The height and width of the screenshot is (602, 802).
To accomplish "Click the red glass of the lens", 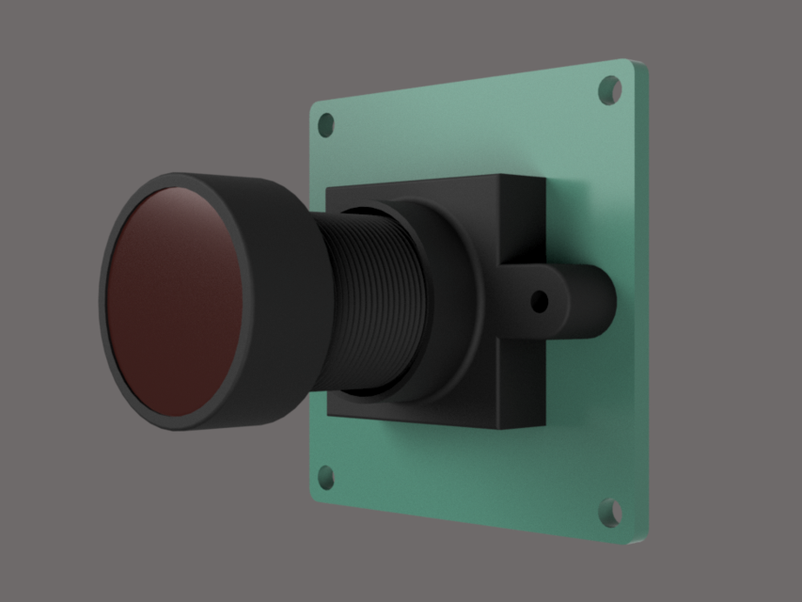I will (174, 301).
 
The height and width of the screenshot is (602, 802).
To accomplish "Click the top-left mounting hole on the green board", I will (326, 124).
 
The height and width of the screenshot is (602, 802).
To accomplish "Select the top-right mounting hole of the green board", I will (610, 89).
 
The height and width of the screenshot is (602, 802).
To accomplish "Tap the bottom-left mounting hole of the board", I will (326, 477).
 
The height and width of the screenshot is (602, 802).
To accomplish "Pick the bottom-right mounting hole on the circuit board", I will (610, 513).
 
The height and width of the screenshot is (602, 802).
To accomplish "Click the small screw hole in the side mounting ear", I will (540, 302).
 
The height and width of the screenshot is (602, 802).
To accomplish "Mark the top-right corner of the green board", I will (639, 64).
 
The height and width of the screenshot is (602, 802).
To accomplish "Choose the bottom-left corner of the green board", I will (313, 495).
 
